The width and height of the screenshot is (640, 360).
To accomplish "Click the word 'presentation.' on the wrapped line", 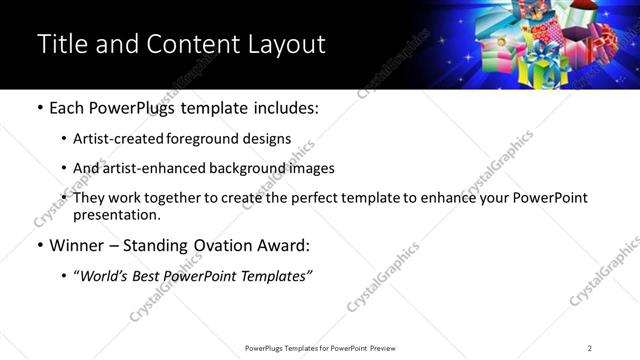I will tap(116, 215).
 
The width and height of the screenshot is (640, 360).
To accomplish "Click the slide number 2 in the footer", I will tap(589, 348).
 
